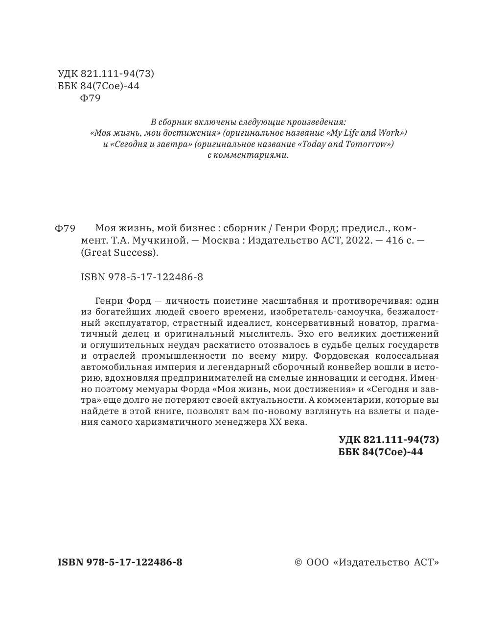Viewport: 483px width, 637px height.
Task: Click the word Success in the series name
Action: click(134, 253)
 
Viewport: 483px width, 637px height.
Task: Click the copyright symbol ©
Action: click(298, 563)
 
